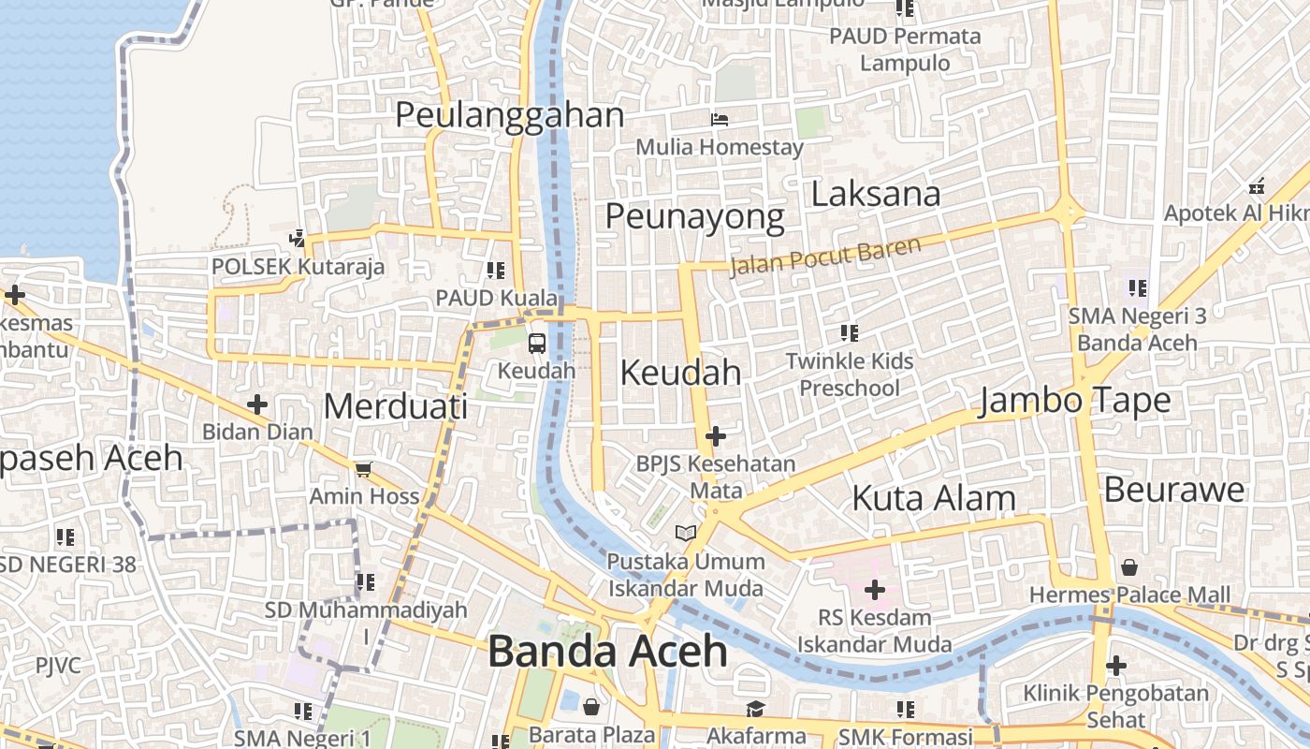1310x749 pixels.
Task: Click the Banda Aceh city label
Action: pyautogui.click(x=607, y=651)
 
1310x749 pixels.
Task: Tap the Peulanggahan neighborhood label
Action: pyautogui.click(x=509, y=115)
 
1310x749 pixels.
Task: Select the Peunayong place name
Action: pyautogui.click(x=694, y=216)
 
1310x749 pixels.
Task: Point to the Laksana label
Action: pyautogui.click(x=875, y=194)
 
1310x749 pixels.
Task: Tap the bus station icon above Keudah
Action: pyautogui.click(x=536, y=344)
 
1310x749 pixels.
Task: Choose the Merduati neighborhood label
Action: pyautogui.click(x=395, y=406)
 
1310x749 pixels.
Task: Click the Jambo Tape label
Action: pyautogui.click(x=1074, y=401)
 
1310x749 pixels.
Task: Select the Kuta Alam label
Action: pyautogui.click(x=933, y=498)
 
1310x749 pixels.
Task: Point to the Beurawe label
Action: pyautogui.click(x=1173, y=490)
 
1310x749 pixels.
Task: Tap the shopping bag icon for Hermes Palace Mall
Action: pyautogui.click(x=1129, y=567)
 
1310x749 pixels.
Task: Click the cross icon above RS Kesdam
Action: pyautogui.click(x=874, y=590)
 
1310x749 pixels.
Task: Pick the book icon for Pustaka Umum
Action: pyautogui.click(x=686, y=533)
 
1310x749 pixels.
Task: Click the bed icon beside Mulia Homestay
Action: pyautogui.click(x=719, y=119)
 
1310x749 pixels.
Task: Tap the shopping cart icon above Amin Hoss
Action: pyautogui.click(x=363, y=469)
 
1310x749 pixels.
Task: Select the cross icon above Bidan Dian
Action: pyautogui.click(x=256, y=404)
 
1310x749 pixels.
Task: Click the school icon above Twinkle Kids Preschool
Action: pyautogui.click(x=849, y=332)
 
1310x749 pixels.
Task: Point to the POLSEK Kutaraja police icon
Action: pyautogui.click(x=298, y=238)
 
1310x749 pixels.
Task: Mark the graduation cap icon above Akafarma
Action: pyautogui.click(x=755, y=709)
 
